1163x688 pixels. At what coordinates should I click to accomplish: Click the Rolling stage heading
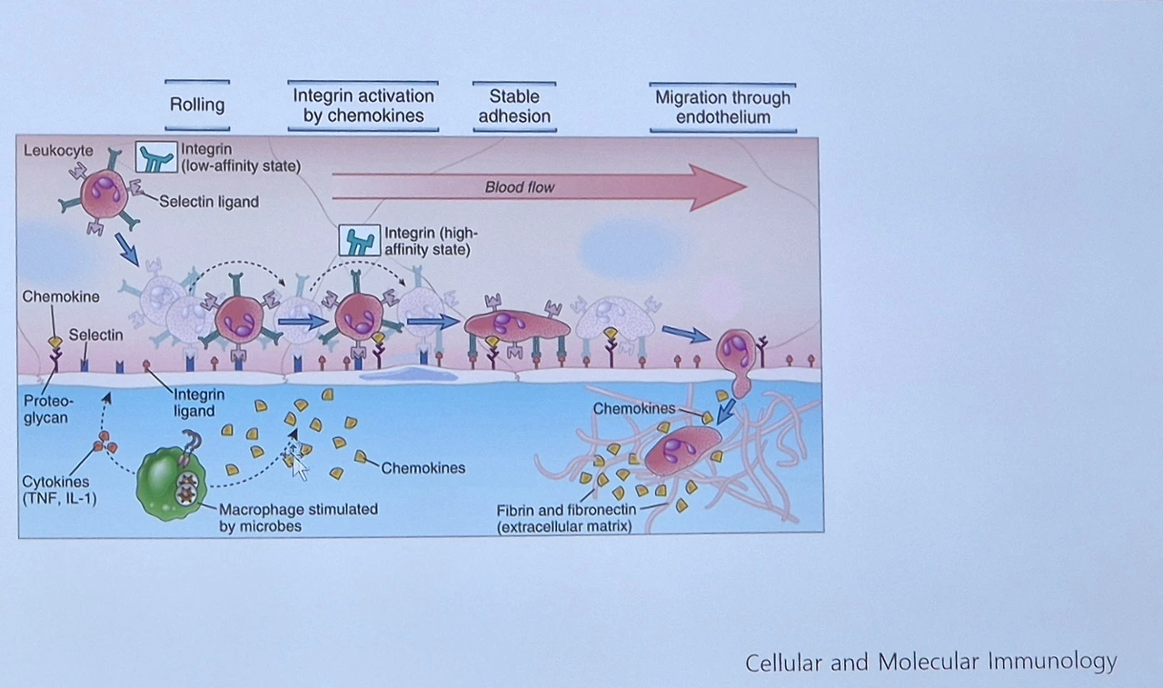(x=197, y=105)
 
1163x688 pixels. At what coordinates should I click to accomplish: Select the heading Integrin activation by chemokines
(x=363, y=105)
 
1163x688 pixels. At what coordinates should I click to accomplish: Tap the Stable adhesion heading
(x=514, y=106)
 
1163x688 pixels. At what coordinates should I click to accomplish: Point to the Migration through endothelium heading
(x=723, y=107)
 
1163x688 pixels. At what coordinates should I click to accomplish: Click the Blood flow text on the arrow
(x=520, y=187)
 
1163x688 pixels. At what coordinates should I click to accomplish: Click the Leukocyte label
(x=58, y=151)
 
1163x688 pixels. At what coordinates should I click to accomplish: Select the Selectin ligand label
(x=209, y=202)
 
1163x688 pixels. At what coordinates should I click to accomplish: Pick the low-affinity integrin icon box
(x=155, y=157)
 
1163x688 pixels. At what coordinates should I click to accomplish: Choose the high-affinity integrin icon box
(x=359, y=241)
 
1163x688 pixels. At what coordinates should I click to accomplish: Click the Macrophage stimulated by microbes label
(x=298, y=517)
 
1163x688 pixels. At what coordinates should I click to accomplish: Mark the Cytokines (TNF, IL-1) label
(x=60, y=490)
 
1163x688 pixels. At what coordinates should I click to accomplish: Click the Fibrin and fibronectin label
(x=567, y=517)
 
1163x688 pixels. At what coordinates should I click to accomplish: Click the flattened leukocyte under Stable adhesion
(x=516, y=324)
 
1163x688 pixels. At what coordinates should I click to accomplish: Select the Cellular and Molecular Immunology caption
(x=930, y=662)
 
